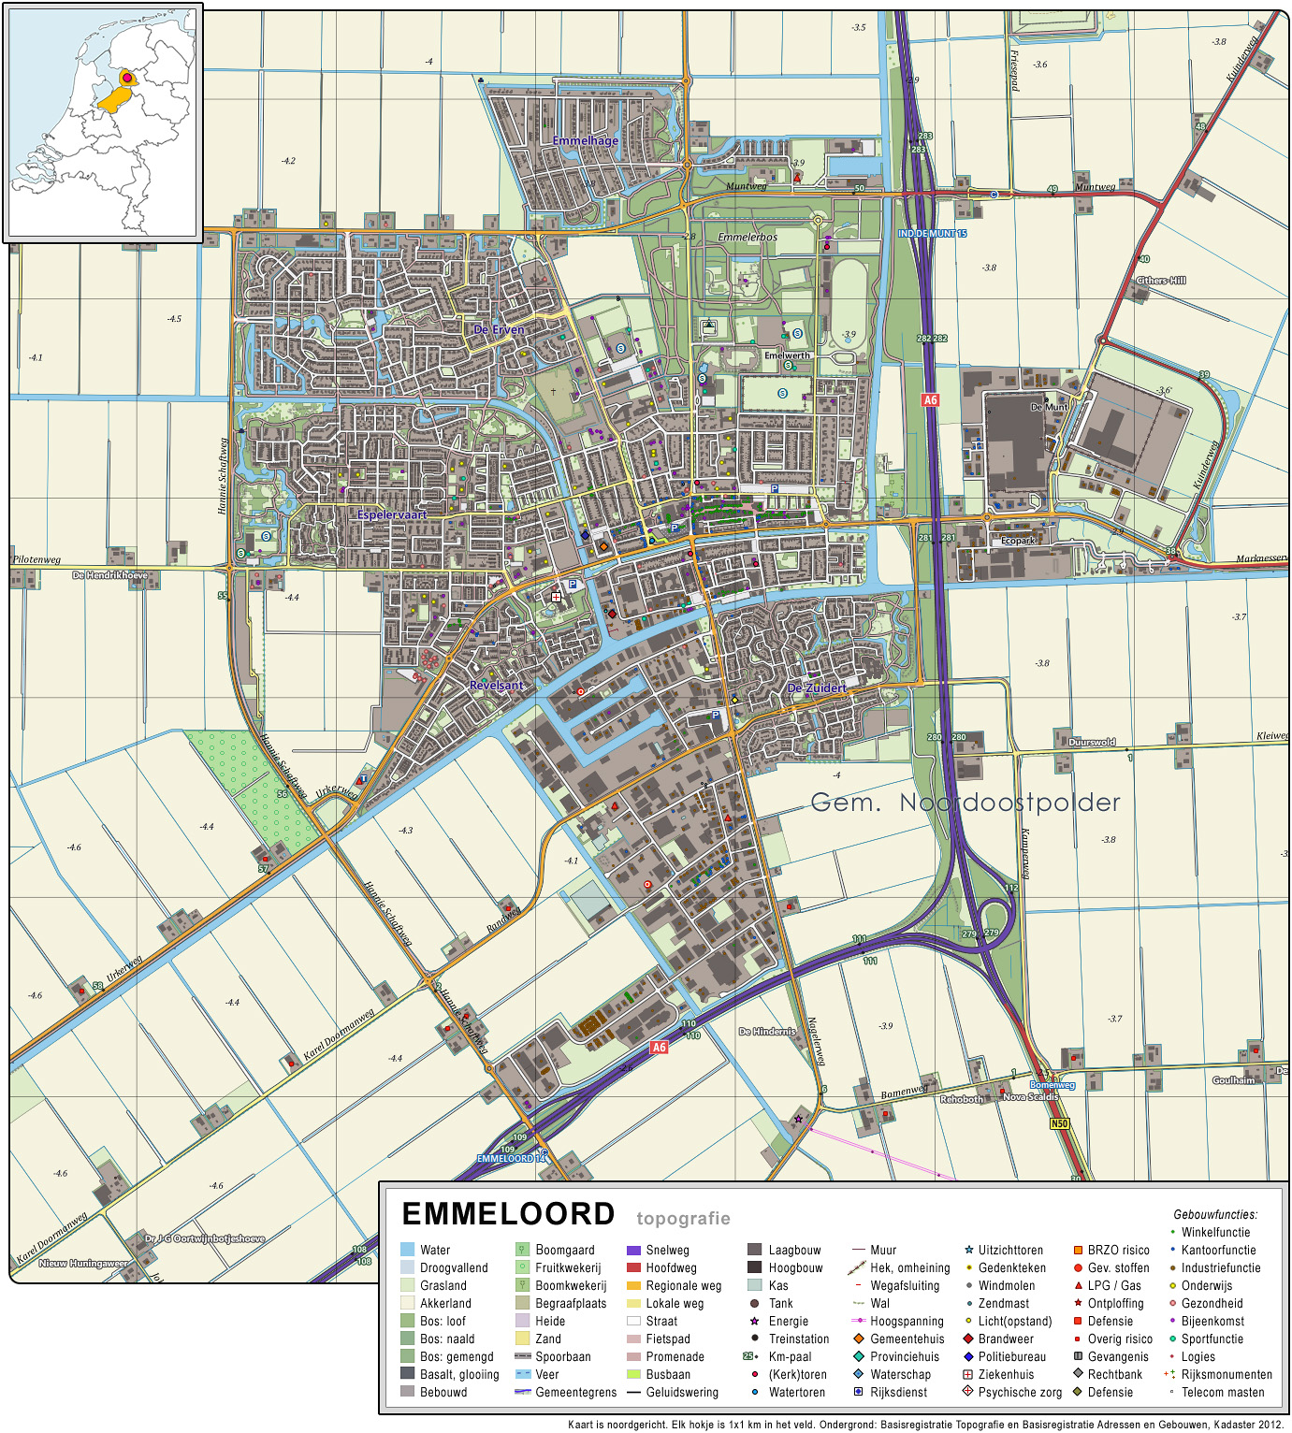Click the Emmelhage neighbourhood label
coord(586,141)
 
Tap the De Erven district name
coord(499,329)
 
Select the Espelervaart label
coord(392,514)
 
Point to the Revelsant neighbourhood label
coord(497,686)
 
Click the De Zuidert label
coord(816,688)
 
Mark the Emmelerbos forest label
coord(748,238)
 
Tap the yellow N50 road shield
coord(1059,1123)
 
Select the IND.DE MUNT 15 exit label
coord(932,234)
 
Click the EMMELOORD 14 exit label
coord(511,1158)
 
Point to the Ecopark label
coord(1018,541)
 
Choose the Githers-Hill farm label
coord(1161,281)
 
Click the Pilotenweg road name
coord(37,559)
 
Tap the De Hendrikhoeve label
coord(109,575)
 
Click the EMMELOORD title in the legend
coord(508,1214)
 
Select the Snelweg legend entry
coord(667,1250)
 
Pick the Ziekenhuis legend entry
coord(1006,1374)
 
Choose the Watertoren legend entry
coord(797,1392)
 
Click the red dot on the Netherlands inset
coord(127,79)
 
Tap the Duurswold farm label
coord(1092,742)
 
